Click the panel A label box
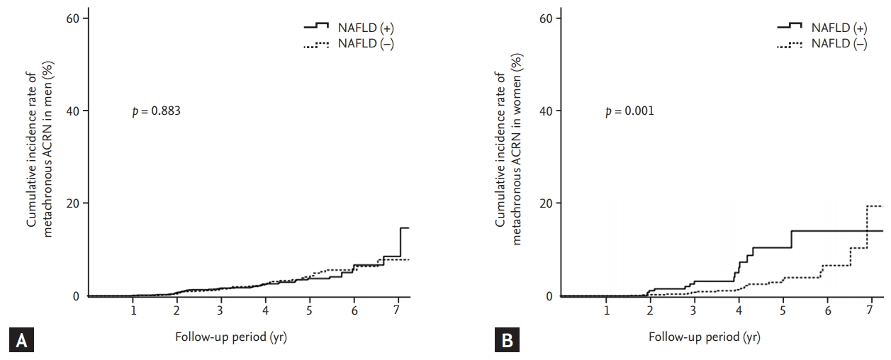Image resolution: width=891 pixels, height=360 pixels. click(x=18, y=340)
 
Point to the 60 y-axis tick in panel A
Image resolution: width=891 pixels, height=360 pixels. click(x=72, y=18)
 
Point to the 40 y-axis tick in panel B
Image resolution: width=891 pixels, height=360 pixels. click(x=546, y=111)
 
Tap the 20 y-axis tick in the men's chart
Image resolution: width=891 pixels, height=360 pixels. click(x=72, y=203)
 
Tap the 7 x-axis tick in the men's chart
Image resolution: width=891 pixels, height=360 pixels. click(x=398, y=310)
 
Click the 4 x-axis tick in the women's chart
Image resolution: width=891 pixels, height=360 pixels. click(x=739, y=310)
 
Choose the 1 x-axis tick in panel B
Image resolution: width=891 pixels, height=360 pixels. click(x=607, y=310)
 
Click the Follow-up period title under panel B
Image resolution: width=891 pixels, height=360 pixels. click(x=705, y=337)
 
